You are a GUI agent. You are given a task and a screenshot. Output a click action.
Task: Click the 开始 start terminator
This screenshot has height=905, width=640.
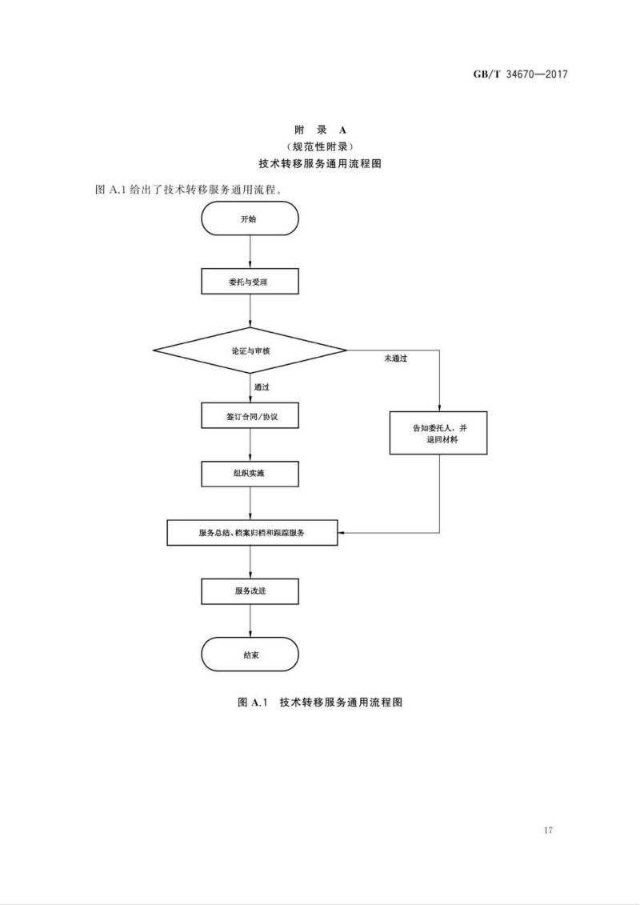click(x=250, y=218)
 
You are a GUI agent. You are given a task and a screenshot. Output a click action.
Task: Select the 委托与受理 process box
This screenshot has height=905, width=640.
click(x=250, y=281)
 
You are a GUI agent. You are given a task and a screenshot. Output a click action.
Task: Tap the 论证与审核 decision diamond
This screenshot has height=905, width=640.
click(x=250, y=350)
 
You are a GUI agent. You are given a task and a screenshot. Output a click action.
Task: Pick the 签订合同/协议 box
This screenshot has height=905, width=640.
click(x=250, y=417)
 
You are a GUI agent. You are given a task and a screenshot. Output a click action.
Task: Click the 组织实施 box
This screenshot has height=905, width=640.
click(x=250, y=473)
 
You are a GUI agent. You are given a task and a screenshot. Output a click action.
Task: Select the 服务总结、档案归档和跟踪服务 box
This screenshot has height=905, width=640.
click(x=251, y=532)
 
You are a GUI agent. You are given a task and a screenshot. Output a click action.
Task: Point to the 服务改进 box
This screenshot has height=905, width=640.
click(x=250, y=591)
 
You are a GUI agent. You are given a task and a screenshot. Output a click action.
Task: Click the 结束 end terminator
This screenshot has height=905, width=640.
click(x=250, y=654)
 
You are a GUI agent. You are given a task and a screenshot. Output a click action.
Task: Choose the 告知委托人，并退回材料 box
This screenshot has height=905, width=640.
click(x=438, y=434)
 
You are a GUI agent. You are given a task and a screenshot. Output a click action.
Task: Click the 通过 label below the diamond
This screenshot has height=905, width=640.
click(x=262, y=387)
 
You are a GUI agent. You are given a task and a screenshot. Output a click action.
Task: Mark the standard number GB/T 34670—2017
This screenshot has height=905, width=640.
click(x=520, y=75)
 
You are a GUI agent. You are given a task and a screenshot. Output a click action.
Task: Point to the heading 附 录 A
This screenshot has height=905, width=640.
click(x=319, y=129)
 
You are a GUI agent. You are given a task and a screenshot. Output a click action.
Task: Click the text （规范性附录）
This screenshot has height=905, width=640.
click(x=319, y=146)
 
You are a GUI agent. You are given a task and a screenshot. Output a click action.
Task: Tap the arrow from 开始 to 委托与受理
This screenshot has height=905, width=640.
click(x=250, y=252)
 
